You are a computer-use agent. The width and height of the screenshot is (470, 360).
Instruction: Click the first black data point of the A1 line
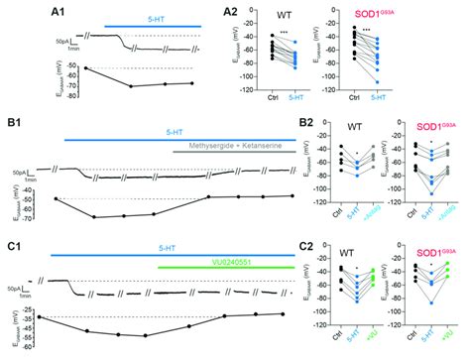click(x=59, y=68)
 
